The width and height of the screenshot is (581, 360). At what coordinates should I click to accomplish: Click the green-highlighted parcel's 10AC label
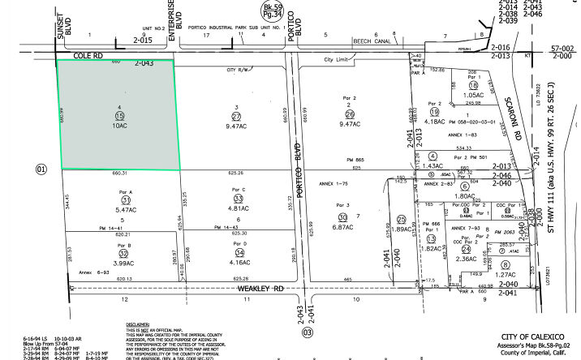click(119, 126)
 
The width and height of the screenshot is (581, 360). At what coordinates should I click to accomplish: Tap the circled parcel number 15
click(119, 116)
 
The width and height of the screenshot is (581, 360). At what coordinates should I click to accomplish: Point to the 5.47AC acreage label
click(125, 209)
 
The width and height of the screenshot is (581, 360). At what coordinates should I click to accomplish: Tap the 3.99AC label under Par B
click(124, 263)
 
